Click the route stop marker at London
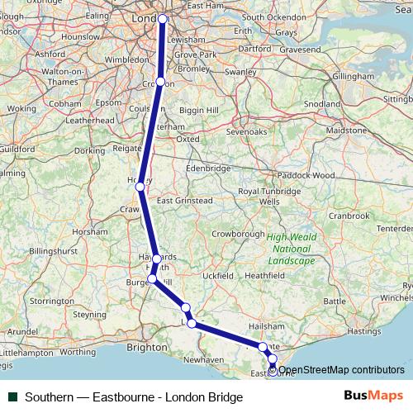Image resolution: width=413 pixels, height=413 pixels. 163,19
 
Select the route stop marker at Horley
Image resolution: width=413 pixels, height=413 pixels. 140,188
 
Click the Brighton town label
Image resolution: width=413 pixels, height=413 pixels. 147,348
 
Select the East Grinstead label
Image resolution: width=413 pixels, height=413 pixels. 185,201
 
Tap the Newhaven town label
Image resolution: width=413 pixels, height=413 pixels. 203,360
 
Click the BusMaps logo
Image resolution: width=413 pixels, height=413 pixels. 373,396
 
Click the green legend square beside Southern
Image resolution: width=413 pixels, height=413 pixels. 13,396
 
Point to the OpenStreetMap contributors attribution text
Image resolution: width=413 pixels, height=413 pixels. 341,369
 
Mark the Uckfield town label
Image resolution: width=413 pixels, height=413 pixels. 217,274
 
